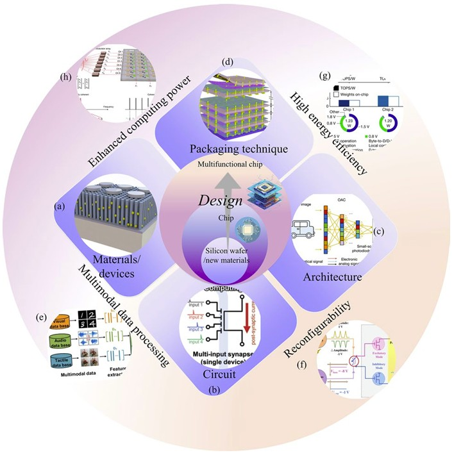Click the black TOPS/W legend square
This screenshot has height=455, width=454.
336,88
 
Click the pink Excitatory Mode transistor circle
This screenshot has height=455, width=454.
394,349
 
